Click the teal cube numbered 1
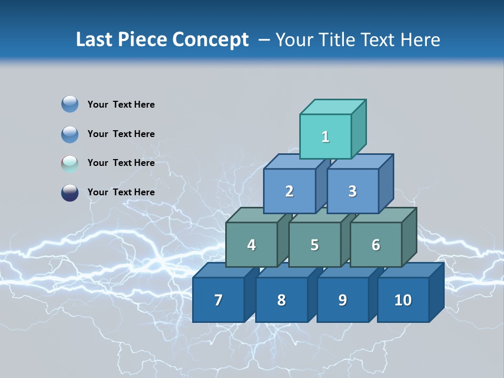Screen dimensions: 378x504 tap(325, 136)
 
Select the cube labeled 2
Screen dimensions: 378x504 tap(289, 191)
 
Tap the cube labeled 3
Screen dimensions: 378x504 tap(352, 191)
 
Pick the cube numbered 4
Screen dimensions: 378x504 tap(251, 245)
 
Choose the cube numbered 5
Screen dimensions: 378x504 tap(314, 245)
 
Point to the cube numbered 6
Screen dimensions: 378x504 tap(375, 245)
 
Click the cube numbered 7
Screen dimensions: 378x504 tap(218, 300)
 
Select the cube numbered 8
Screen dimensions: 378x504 tap(281, 300)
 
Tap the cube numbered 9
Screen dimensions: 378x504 tap(342, 300)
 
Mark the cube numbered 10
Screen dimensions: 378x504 tap(403, 300)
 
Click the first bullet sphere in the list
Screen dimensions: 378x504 tap(70, 104)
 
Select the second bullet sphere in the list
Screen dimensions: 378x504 tap(70, 134)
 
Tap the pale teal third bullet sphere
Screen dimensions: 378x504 tap(70, 163)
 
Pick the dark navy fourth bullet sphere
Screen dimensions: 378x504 tap(70, 193)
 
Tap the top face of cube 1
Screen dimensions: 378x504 tap(333, 107)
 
